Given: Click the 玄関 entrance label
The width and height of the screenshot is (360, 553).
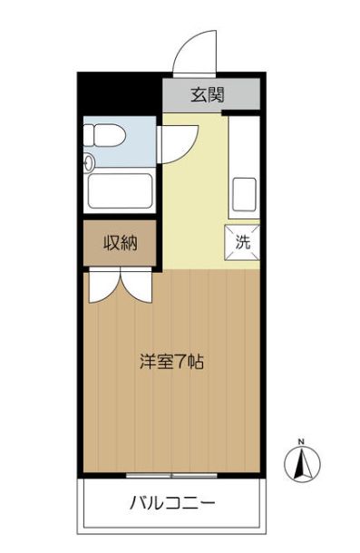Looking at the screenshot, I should (x=208, y=93).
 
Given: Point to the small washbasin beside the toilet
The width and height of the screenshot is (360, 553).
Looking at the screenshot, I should (x=89, y=164).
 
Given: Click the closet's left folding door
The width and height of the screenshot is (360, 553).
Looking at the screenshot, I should (x=101, y=286).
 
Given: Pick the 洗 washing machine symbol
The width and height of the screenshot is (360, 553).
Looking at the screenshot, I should (x=242, y=242).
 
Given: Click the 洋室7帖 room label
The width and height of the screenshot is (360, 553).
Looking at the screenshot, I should (x=170, y=362).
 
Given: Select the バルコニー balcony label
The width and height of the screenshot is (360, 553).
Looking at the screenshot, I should (x=171, y=502).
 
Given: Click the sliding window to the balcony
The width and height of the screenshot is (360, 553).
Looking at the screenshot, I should (x=171, y=474).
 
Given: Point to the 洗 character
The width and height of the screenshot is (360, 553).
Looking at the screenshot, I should (x=242, y=242).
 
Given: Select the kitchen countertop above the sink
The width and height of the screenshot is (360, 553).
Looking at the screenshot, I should (x=243, y=145).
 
